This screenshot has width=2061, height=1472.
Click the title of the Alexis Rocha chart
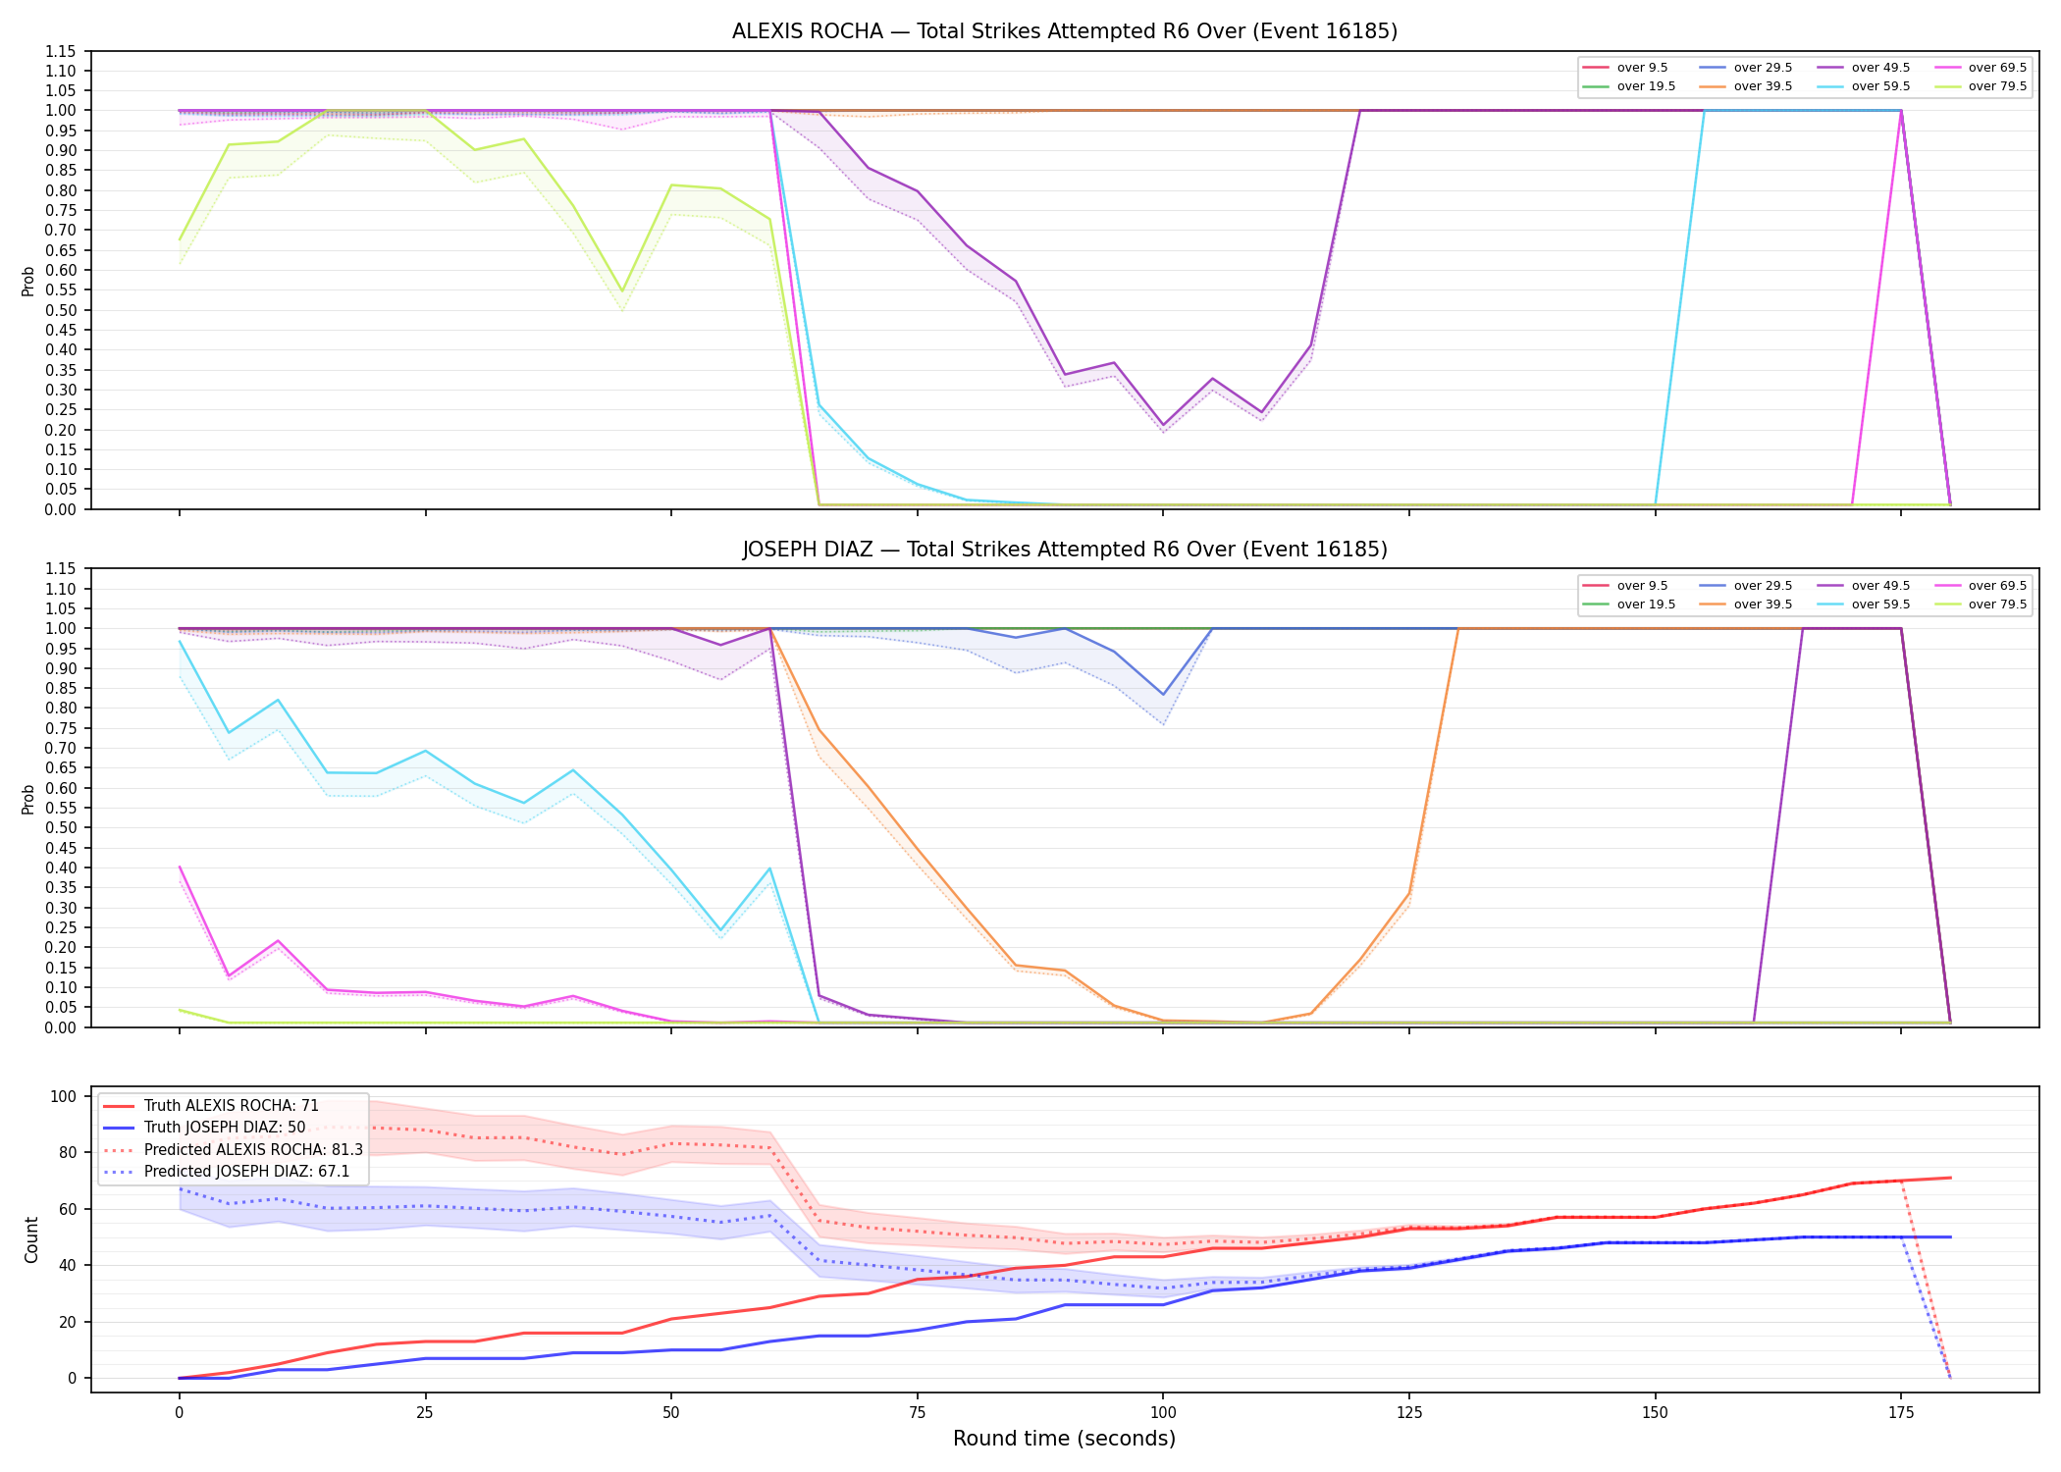(1065, 31)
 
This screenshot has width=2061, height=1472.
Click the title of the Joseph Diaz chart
(1065, 550)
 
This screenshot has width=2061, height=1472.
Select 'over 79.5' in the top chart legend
(1997, 86)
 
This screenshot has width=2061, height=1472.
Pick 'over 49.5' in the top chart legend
(1880, 68)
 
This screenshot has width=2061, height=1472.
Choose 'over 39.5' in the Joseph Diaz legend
(1763, 605)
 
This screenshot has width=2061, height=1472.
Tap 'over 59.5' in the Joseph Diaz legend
(1880, 605)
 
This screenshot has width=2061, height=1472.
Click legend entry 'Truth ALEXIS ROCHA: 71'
(231, 1106)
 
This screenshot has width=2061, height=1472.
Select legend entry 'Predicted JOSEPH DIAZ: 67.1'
(246, 1172)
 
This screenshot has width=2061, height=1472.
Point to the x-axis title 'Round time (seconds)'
(1065, 1439)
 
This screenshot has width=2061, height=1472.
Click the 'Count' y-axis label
(32, 1239)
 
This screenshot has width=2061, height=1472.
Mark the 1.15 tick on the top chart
(61, 51)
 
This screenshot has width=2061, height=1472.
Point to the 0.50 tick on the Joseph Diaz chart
(61, 828)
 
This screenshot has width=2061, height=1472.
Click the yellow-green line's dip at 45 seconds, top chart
(621, 291)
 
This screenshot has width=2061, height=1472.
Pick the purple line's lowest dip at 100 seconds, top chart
(1163, 425)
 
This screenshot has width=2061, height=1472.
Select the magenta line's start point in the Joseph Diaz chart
(180, 867)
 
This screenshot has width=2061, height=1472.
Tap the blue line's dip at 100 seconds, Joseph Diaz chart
(1163, 695)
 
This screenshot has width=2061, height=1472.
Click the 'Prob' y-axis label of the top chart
(28, 282)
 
